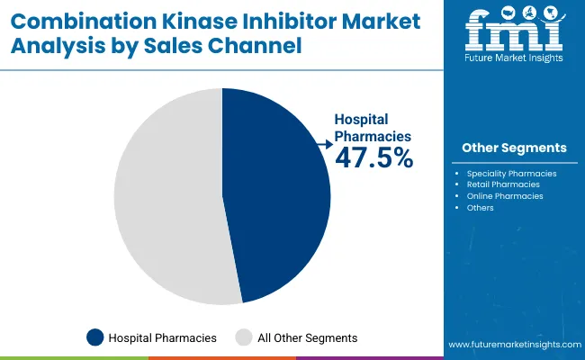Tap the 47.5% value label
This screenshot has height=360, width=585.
pos(373,157)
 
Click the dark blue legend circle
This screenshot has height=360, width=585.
pos(94,337)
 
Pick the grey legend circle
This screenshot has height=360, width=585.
pos(243,337)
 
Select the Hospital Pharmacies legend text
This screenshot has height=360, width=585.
pos(162,338)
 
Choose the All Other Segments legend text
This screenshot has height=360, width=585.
pos(307,338)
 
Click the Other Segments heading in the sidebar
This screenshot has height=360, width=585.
pos(514,148)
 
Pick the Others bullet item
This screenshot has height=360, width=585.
pos(481,208)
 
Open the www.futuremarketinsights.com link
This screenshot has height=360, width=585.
pos(513,345)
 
